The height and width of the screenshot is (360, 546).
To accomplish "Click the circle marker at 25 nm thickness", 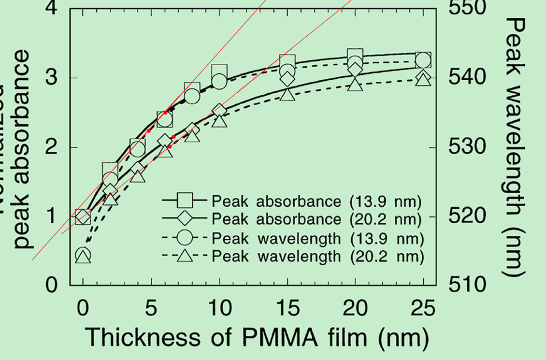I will tap(423, 60).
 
